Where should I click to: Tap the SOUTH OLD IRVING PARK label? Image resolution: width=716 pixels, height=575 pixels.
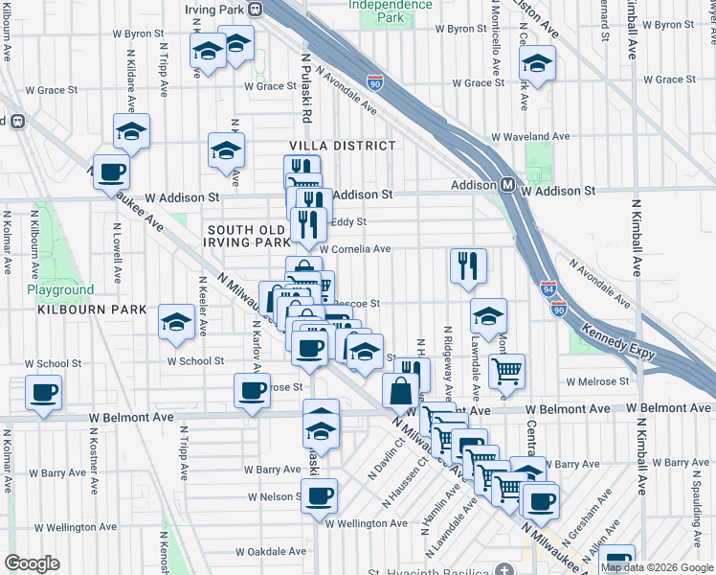click(247, 237)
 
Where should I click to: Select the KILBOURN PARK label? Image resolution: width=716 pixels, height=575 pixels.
click(92, 310)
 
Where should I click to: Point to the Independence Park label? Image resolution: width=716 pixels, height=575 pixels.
click(390, 11)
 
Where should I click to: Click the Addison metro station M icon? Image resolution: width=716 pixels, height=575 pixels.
click(508, 185)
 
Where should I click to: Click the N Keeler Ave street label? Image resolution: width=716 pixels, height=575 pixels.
click(202, 306)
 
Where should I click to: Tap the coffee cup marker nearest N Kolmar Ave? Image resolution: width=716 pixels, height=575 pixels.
click(43, 392)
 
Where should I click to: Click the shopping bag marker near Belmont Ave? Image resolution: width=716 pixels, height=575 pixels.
click(400, 390)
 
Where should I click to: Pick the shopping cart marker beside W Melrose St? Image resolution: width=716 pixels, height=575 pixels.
click(506, 370)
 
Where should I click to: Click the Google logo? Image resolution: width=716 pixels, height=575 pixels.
click(32, 563)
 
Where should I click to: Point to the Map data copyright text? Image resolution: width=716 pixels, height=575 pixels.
click(657, 567)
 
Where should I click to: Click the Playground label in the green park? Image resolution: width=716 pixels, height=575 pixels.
click(60, 289)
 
